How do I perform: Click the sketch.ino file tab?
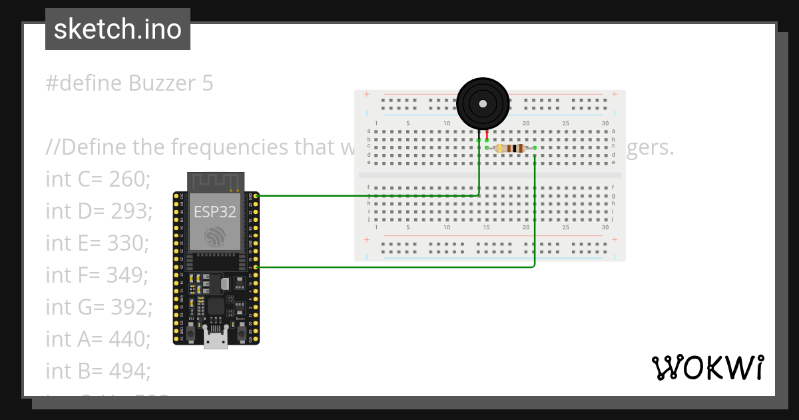click(117, 29)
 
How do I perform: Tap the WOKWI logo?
click(707, 368)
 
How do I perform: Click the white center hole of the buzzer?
click(483, 104)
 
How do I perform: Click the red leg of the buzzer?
click(487, 134)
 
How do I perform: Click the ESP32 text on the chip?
click(214, 212)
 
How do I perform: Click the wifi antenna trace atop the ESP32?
click(216, 181)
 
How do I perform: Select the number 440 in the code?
click(131, 339)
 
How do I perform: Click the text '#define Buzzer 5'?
click(130, 83)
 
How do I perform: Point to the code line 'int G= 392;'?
click(99, 307)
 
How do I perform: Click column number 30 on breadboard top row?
click(605, 124)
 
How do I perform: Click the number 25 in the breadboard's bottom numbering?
click(565, 227)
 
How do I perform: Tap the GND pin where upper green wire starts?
click(256, 196)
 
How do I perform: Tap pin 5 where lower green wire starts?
click(256, 267)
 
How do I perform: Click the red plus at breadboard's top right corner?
click(614, 95)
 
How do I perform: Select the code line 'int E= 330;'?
click(97, 243)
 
